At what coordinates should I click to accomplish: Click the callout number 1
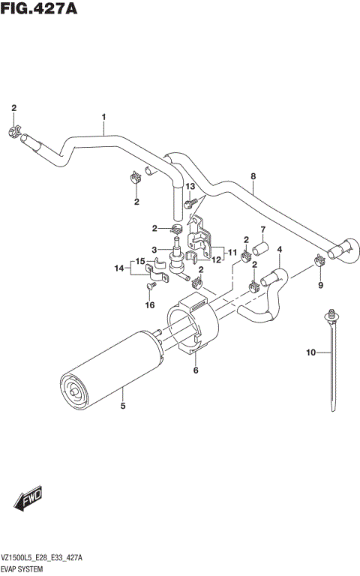tap(103, 116)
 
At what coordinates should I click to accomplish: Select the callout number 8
tap(253, 177)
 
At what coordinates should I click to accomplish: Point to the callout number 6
tap(196, 370)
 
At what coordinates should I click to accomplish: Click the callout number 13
tap(190, 186)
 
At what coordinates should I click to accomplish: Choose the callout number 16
tap(150, 305)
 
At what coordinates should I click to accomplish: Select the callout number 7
tap(263, 229)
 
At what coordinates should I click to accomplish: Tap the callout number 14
tap(119, 268)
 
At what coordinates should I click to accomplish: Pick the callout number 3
tap(154, 250)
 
